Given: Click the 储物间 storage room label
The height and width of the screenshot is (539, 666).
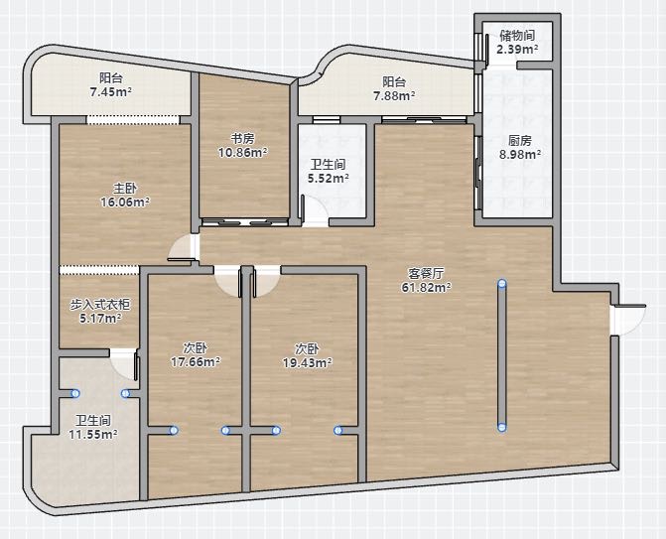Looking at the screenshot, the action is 517,36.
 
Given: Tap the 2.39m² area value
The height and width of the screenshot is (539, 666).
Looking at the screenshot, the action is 517,49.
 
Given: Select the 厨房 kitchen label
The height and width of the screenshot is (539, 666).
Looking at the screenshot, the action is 520,140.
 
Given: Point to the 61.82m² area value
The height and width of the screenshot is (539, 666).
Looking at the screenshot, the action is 426,288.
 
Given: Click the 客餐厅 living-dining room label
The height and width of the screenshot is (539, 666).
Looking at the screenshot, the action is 426,274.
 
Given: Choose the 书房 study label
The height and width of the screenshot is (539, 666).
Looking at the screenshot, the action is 242,138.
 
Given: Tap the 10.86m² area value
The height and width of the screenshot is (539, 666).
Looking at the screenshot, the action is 242,152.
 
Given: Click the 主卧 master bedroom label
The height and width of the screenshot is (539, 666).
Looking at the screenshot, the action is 125,189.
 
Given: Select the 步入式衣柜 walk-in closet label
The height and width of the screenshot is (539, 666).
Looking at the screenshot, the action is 100,304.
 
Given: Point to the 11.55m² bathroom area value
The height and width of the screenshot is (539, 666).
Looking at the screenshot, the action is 93,434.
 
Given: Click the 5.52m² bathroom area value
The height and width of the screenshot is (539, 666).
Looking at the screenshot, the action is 329,178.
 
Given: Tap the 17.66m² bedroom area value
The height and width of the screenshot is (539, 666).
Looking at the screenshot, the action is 195,362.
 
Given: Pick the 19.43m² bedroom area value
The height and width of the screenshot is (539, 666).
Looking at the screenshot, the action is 307,362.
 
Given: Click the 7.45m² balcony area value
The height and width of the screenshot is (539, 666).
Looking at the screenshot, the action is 110,91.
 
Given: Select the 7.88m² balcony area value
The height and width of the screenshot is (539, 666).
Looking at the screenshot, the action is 394,96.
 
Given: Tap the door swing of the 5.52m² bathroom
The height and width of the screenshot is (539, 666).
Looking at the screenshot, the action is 314,210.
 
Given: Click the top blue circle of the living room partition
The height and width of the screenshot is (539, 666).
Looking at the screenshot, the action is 502,284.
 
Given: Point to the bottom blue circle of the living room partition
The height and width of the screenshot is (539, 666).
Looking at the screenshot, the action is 502,427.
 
